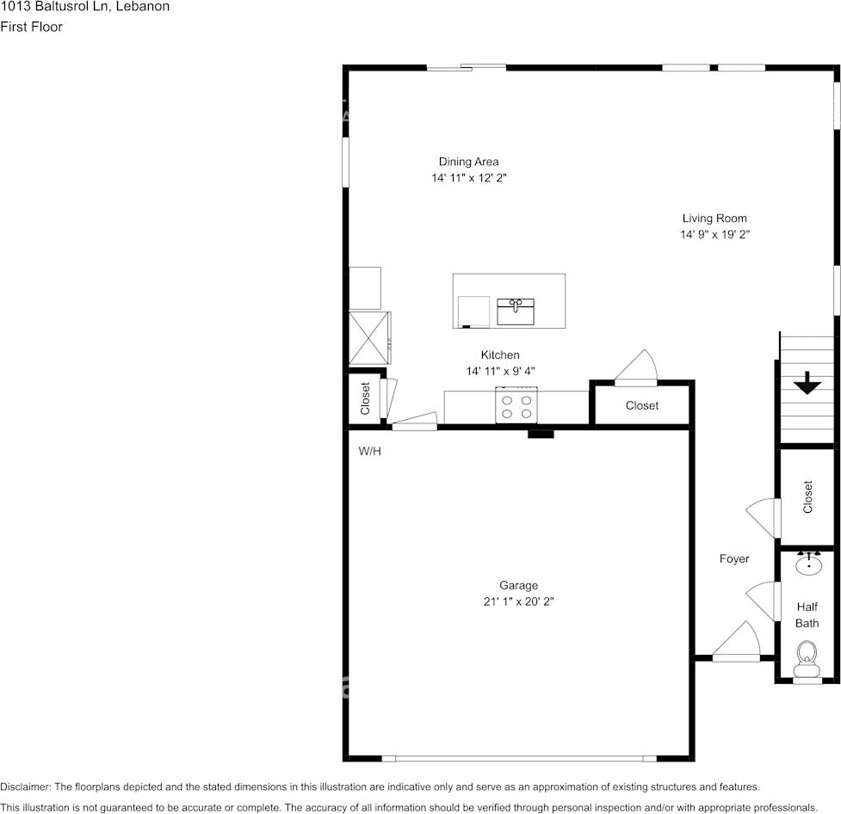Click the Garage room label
tap(517, 585)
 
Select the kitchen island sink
tap(516, 311)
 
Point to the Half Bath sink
tap(807, 564)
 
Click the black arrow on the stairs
tap(807, 382)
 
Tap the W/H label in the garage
tap(370, 451)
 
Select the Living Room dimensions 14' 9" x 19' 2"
tap(714, 235)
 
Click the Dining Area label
tap(468, 162)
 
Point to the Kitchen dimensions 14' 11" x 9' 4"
tap(500, 371)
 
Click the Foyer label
tap(734, 559)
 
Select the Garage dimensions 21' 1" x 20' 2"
tap(517, 602)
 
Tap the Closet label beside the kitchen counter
tap(642, 405)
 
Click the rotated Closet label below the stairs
tap(807, 497)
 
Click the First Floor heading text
tap(31, 27)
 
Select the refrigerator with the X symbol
tap(368, 338)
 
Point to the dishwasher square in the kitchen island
tap(473, 311)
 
